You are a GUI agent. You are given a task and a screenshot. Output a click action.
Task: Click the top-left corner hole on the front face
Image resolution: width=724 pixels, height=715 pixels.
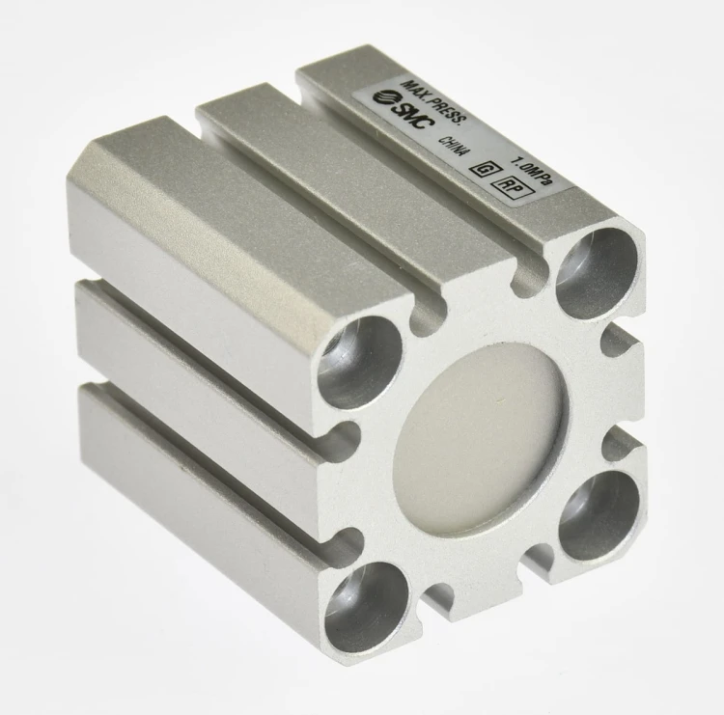point(360,363)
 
